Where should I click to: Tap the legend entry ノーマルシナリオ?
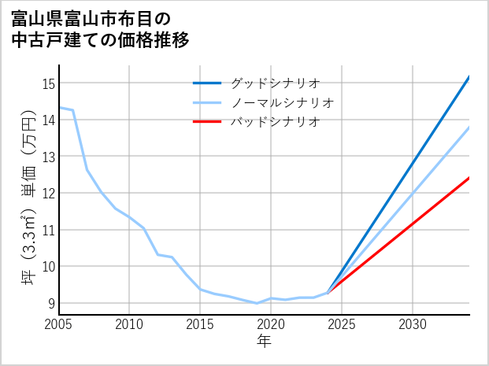click(x=282, y=102)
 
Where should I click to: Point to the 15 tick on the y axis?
click(x=48, y=83)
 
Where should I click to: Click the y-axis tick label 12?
click(x=48, y=193)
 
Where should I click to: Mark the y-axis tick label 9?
click(x=51, y=303)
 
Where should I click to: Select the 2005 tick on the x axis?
click(x=59, y=324)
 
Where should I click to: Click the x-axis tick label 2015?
click(x=200, y=324)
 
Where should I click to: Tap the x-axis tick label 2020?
click(x=271, y=324)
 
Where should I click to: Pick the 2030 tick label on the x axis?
click(x=413, y=324)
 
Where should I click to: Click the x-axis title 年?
click(x=264, y=342)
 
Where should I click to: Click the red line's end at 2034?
click(x=469, y=178)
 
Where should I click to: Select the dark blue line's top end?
click(x=469, y=77)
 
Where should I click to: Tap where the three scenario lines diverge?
click(x=328, y=293)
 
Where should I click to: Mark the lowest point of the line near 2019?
click(x=257, y=303)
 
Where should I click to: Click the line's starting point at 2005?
click(x=59, y=107)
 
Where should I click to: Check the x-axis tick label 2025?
click(x=342, y=324)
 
